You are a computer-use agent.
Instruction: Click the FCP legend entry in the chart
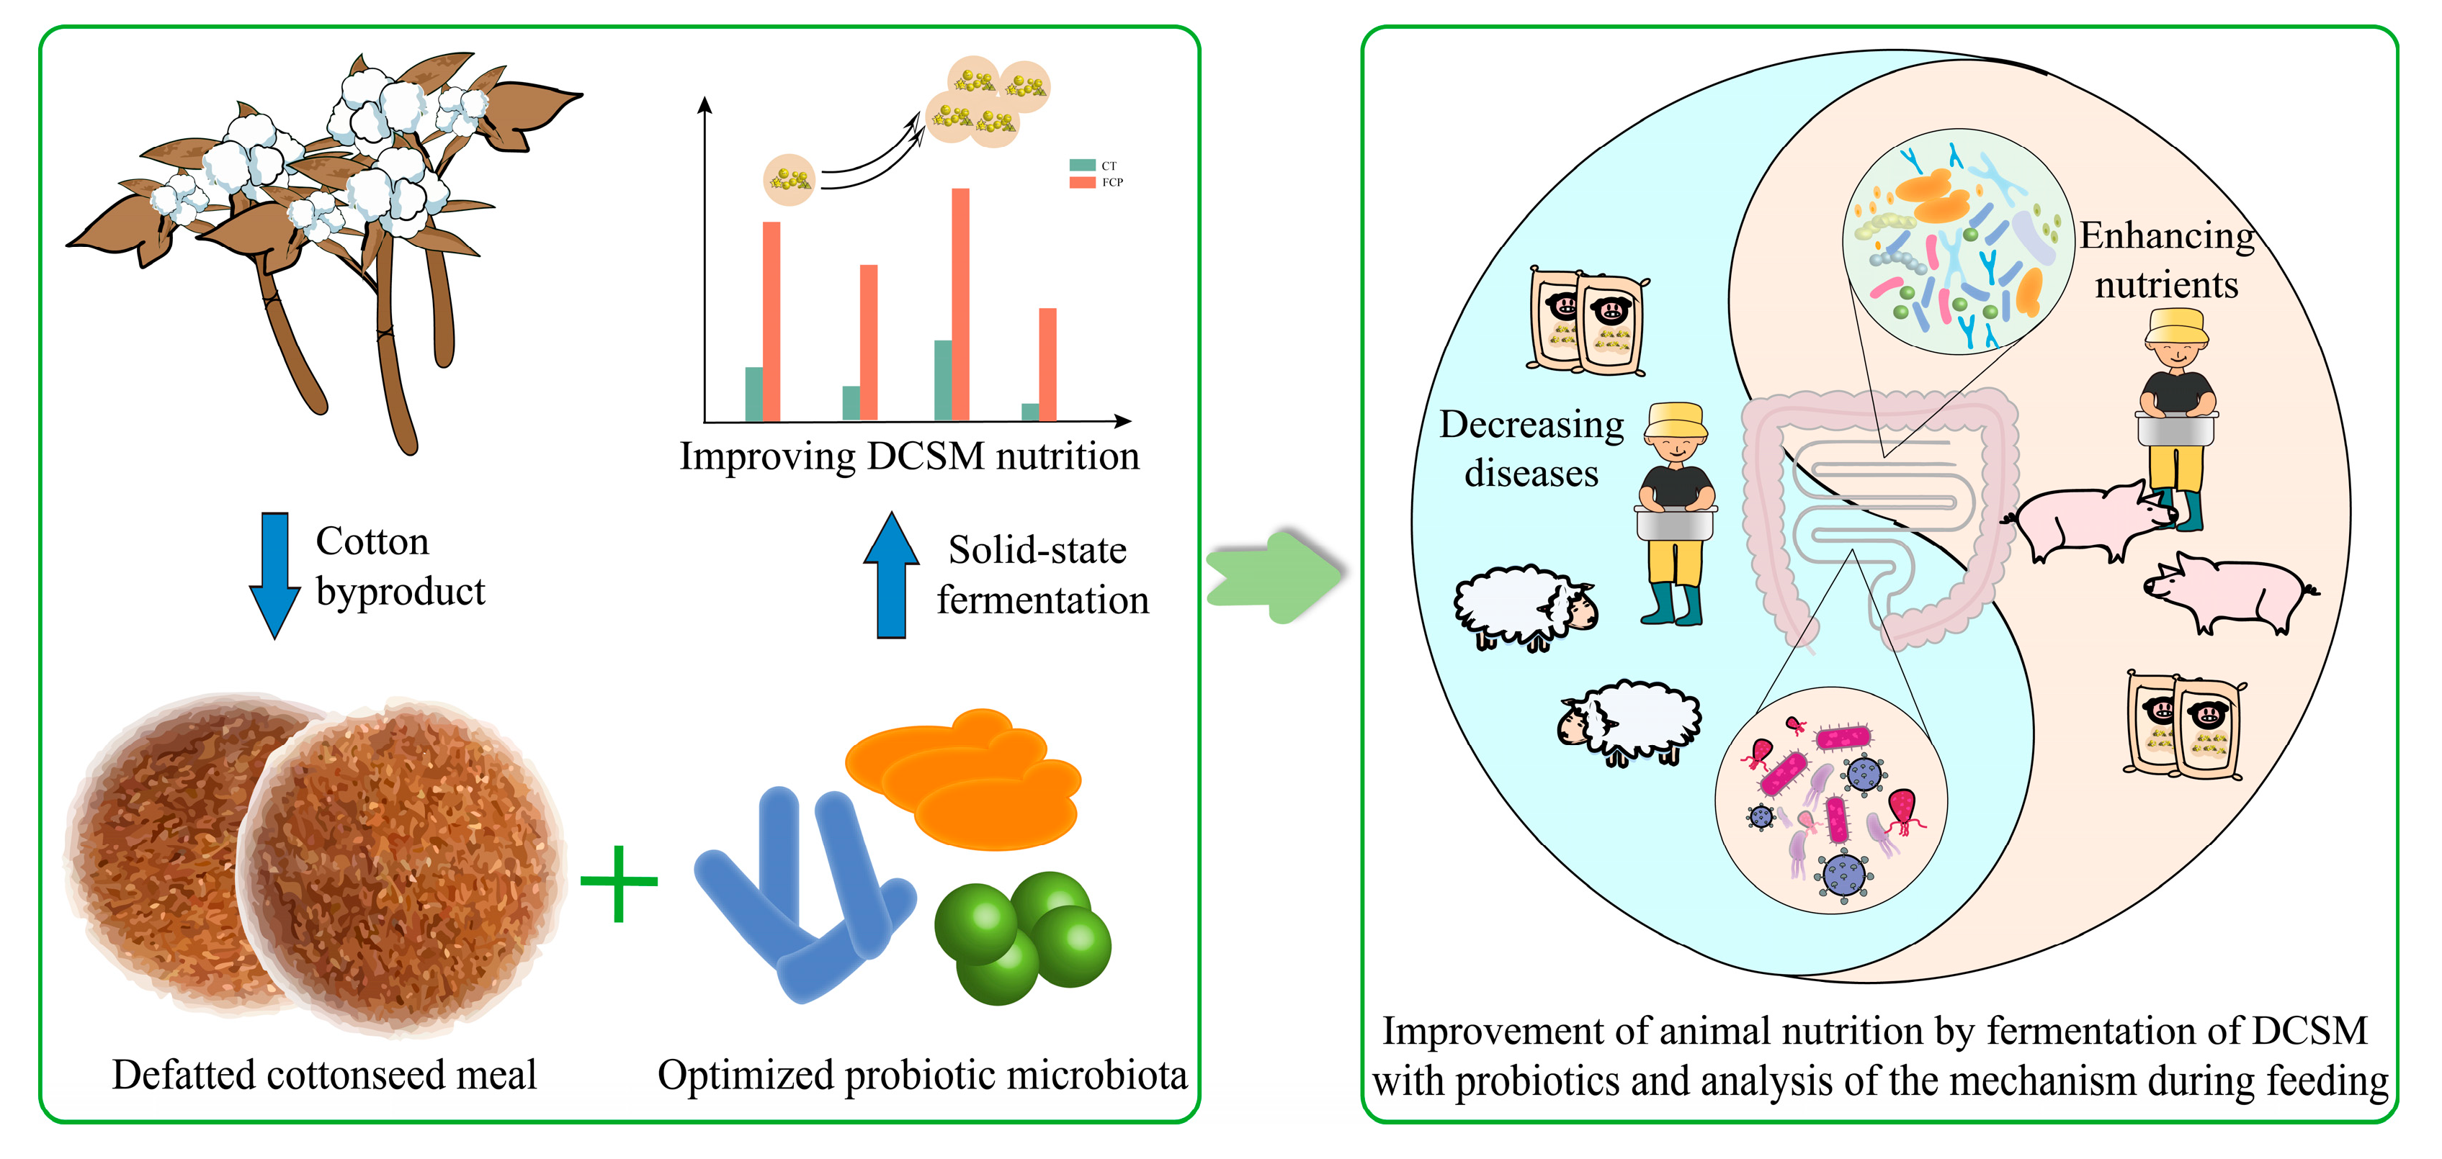tap(1095, 182)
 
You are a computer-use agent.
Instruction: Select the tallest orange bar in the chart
tap(960, 303)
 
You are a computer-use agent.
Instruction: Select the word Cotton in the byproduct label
tap(372, 542)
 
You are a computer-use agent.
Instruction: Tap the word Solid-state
tap(1037, 551)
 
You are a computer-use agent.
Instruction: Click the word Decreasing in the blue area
tap(1531, 425)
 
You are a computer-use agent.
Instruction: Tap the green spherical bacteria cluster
tap(1022, 938)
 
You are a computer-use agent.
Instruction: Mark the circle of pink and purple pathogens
tap(1830, 801)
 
